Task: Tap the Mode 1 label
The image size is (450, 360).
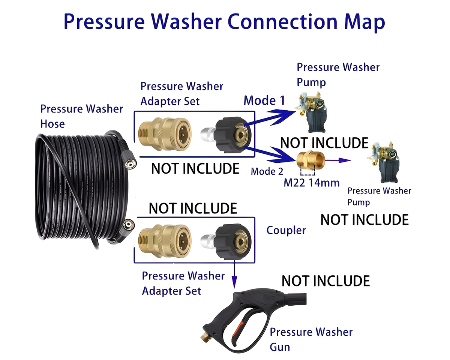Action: click(264, 100)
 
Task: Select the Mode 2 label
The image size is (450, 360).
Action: click(267, 171)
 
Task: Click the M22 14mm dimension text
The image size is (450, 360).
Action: click(311, 183)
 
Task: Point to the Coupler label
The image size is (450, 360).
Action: click(286, 230)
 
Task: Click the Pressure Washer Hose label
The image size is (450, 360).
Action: click(81, 116)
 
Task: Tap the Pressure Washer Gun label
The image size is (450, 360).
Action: click(311, 339)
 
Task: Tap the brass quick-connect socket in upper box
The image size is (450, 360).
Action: click(165, 133)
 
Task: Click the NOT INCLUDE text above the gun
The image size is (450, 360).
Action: click(325, 280)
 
